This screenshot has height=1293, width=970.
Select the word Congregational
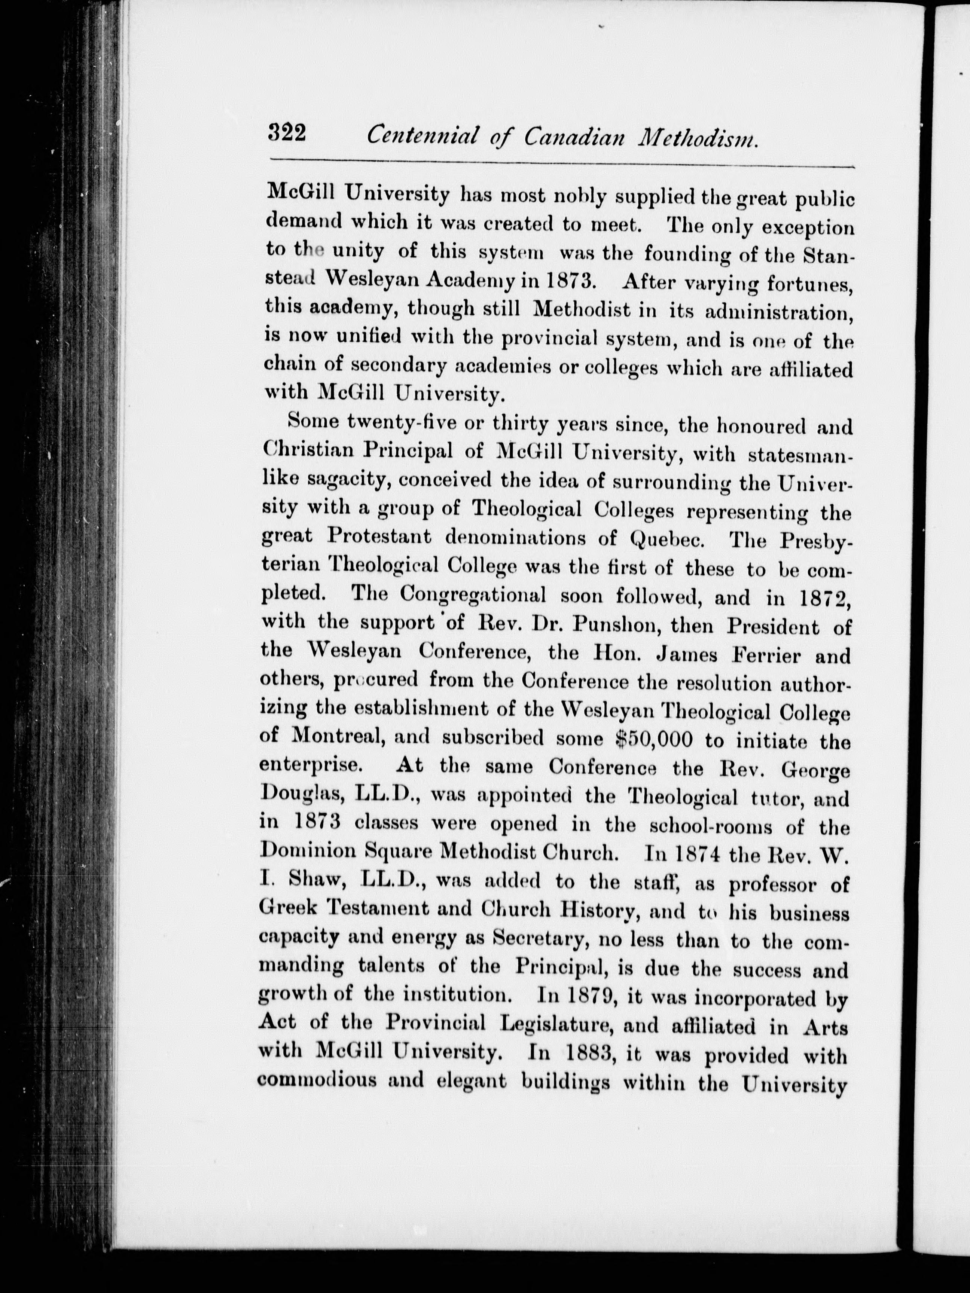point(472,594)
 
